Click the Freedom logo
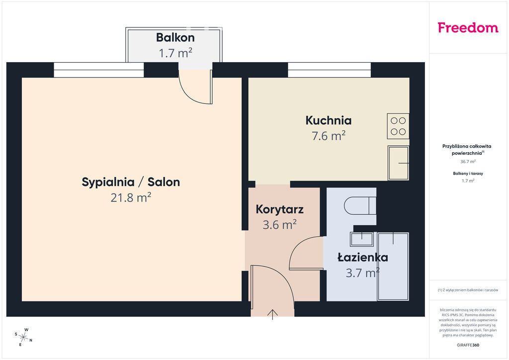point(468,27)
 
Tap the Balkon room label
point(175,38)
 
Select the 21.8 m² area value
point(131,197)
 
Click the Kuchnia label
point(329,120)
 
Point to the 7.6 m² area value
point(329,136)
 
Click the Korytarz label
point(279,209)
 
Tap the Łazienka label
point(362,258)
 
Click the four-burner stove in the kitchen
point(398,126)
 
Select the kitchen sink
point(398,163)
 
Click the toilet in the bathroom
point(360,205)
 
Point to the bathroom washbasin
point(362,239)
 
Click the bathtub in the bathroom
point(393,267)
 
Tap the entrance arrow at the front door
point(272,315)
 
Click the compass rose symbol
point(23,337)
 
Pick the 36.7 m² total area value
point(468,161)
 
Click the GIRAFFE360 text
point(468,345)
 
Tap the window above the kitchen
point(329,70)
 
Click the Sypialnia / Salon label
point(131,182)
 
